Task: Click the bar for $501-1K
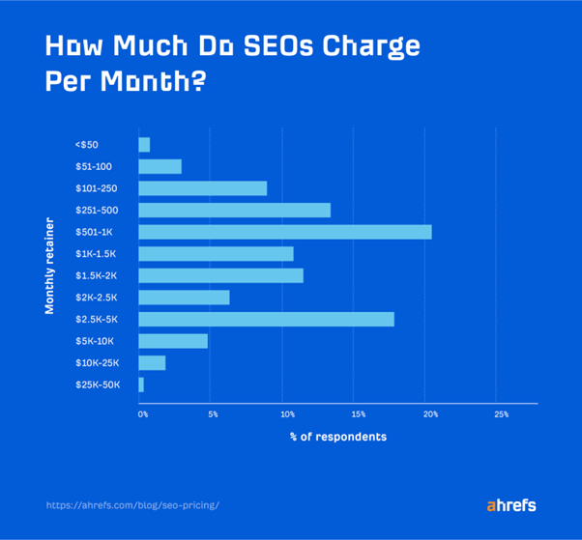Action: (285, 232)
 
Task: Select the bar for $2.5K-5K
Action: (266, 319)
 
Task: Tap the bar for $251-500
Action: (235, 210)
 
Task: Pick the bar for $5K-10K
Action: (173, 341)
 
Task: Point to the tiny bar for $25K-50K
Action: (141, 384)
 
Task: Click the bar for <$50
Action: (144, 145)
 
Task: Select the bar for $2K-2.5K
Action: (184, 298)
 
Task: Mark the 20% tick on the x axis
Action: (430, 413)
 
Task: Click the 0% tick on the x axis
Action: (143, 413)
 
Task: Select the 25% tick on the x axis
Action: (501, 413)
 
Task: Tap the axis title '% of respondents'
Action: (337, 437)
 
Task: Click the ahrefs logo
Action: (510, 505)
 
